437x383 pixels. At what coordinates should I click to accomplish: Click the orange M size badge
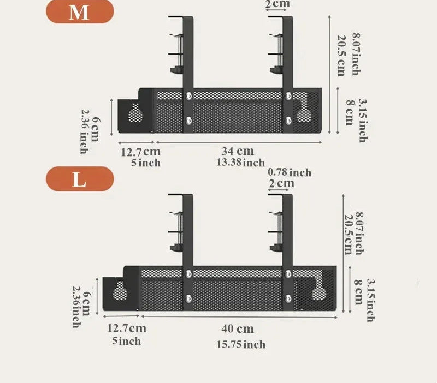(80, 11)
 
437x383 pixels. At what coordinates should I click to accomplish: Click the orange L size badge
(80, 179)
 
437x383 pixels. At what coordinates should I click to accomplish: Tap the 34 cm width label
(238, 151)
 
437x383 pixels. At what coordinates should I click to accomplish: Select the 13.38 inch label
(240, 162)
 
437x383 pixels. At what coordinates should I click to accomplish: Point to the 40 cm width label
(238, 329)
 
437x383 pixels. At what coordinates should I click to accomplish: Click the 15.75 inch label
(241, 345)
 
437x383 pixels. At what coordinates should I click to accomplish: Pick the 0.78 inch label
(290, 172)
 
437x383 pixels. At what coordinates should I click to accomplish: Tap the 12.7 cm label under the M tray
(141, 152)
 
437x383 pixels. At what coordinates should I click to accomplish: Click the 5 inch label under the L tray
(127, 341)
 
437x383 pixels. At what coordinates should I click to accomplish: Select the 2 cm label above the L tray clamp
(281, 183)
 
